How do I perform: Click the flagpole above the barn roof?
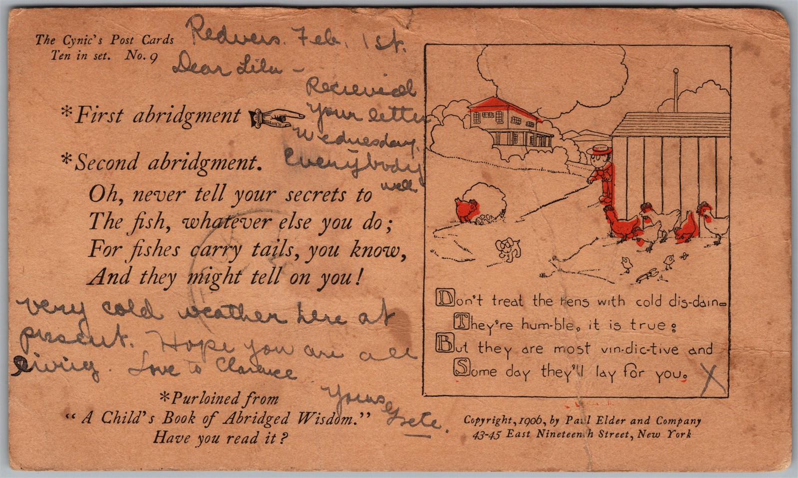coord(676,90)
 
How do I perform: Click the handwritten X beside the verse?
coord(713,380)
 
